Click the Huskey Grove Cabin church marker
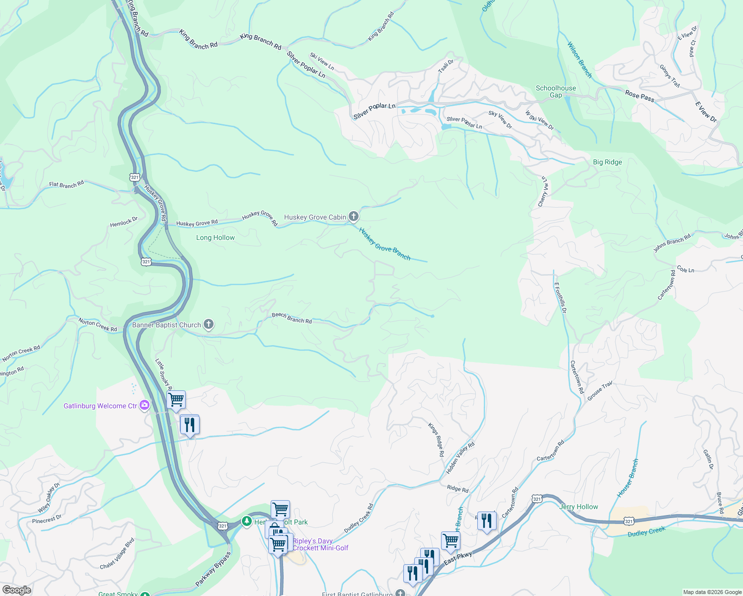[x=354, y=216]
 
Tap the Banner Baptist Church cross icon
[x=209, y=325]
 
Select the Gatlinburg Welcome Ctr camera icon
[x=145, y=405]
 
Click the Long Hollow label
[x=216, y=238]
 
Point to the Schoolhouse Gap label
[x=556, y=91]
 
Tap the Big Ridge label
[x=607, y=162]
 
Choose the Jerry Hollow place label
[x=579, y=507]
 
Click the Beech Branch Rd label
[x=292, y=318]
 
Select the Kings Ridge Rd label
[x=436, y=440]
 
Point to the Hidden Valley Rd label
[x=460, y=457]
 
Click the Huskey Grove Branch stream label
[x=385, y=243]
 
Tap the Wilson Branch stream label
[x=580, y=60]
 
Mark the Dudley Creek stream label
[x=646, y=532]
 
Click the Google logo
[x=16, y=590]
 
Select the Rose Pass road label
[x=640, y=96]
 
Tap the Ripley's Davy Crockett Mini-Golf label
[x=320, y=544]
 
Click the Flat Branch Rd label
[x=67, y=185]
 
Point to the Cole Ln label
[x=685, y=270]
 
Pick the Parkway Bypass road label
[x=213, y=568]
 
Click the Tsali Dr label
[x=446, y=66]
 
